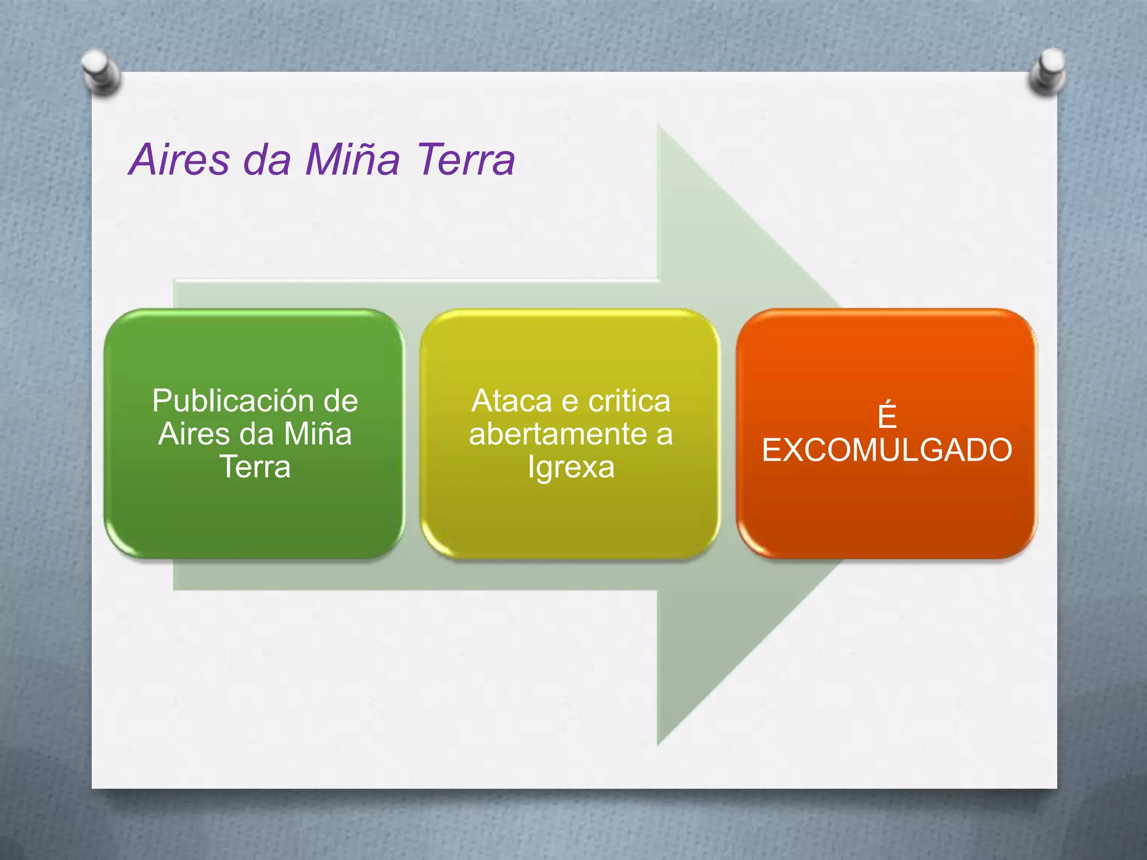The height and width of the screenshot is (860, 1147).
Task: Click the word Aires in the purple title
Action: coord(179,160)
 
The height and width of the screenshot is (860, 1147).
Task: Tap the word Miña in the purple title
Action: coord(352,160)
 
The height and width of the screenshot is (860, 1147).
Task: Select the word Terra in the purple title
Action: coord(465,160)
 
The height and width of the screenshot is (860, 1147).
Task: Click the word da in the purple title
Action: coord(267,160)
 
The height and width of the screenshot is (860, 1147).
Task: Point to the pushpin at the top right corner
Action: coord(1047,71)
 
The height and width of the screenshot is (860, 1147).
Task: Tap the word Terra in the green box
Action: coord(255,467)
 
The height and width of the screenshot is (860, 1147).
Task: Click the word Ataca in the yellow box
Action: coord(512,401)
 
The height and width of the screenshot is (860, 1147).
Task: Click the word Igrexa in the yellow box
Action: coord(571,468)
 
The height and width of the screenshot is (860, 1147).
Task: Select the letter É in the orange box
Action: coord(887,415)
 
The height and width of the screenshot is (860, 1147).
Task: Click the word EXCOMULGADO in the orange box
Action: coord(887,450)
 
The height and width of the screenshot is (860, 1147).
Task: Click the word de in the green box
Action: coord(341,401)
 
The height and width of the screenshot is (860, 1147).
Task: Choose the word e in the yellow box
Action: coord(570,401)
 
